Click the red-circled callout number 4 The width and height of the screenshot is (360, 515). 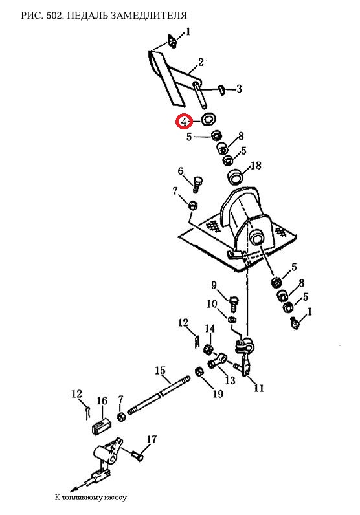pyautogui.click(x=184, y=122)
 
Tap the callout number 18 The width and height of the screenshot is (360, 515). pyautogui.click(x=256, y=165)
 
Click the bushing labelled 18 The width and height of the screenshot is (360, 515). pyautogui.click(x=235, y=177)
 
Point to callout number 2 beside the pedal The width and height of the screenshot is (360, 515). pyautogui.click(x=200, y=61)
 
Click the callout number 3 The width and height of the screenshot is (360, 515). pyautogui.click(x=239, y=89)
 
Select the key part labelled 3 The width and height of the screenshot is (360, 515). pyautogui.click(x=222, y=91)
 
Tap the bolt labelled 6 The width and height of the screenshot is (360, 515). pyautogui.click(x=197, y=184)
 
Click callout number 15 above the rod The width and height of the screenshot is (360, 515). pyautogui.click(x=160, y=371)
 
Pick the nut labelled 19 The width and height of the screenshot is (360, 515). pyautogui.click(x=199, y=372)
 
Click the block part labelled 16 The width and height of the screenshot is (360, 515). pyautogui.click(x=100, y=425)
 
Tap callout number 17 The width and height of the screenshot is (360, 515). pyautogui.click(x=152, y=439)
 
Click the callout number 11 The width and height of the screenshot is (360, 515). pyautogui.click(x=259, y=388)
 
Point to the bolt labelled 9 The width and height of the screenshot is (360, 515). pyautogui.click(x=232, y=304)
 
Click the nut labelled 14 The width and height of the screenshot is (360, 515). pyautogui.click(x=208, y=349)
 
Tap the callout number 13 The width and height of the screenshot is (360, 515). pyautogui.click(x=230, y=380)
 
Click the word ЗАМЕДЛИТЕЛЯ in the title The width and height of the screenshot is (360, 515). pyautogui.click(x=150, y=15)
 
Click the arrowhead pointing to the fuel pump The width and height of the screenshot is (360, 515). pyautogui.click(x=74, y=488)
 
